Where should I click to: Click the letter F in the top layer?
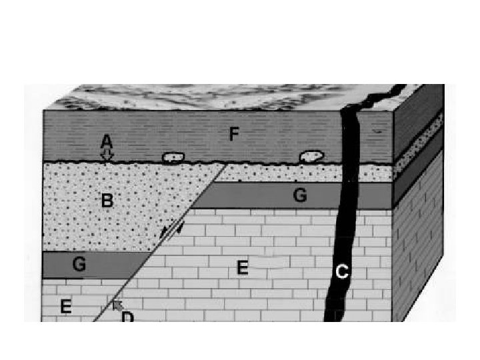tap(234, 135)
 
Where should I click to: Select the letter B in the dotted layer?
tap(105, 200)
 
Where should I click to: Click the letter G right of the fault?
tap(299, 195)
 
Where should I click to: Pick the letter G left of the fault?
tap(79, 265)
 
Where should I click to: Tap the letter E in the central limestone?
tap(243, 268)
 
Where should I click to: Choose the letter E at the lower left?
tap(65, 307)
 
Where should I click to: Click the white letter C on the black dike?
tap(342, 271)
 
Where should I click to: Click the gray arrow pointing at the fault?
tap(117, 305)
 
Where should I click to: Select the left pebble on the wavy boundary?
tap(173, 157)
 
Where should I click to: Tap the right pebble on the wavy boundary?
tap(311, 157)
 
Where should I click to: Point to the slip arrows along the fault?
tap(171, 231)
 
